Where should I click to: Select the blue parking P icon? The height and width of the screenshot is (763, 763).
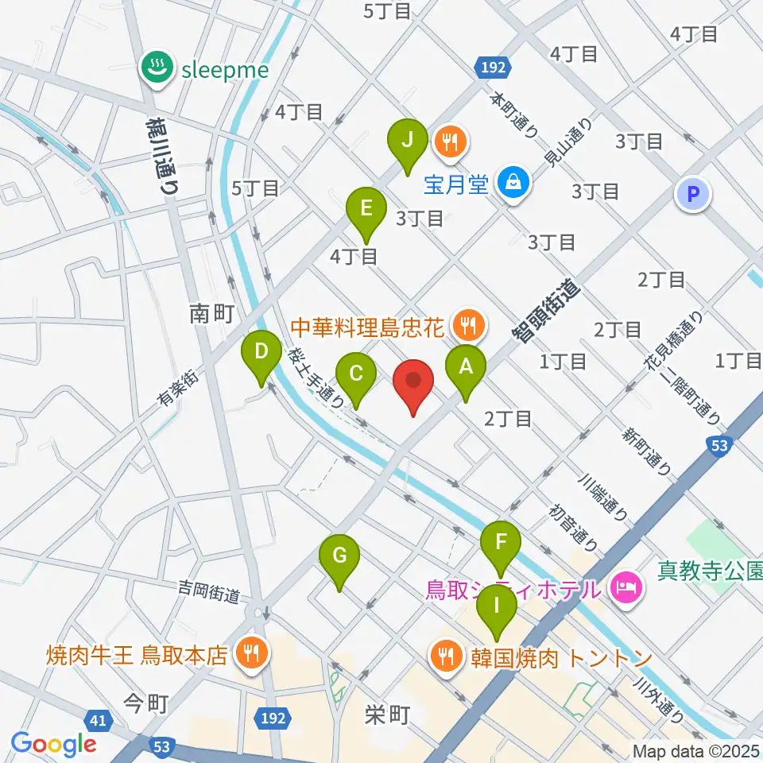tap(693, 194)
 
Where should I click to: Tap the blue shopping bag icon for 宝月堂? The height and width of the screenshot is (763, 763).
tap(513, 184)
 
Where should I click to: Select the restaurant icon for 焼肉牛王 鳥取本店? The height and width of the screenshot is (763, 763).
tap(253, 655)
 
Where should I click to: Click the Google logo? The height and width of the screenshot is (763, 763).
tap(54, 743)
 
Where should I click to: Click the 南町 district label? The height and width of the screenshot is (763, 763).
tap(211, 314)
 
